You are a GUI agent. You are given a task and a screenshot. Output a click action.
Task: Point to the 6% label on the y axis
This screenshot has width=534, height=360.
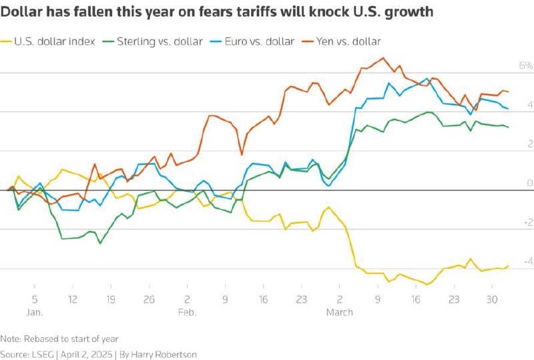click(507, 66)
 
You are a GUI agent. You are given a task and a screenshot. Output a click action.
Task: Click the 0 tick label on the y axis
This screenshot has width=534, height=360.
click(511, 183)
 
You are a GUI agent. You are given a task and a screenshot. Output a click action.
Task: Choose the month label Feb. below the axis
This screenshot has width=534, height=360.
click(187, 313)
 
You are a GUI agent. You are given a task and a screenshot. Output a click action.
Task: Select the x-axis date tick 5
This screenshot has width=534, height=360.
click(34, 299)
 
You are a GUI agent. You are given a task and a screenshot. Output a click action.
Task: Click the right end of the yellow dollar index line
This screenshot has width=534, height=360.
click(508, 266)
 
